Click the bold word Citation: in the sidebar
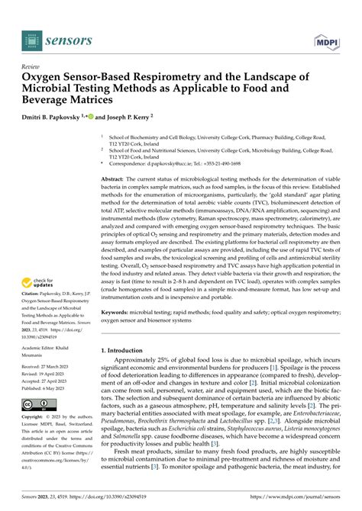click(x=34, y=291)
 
